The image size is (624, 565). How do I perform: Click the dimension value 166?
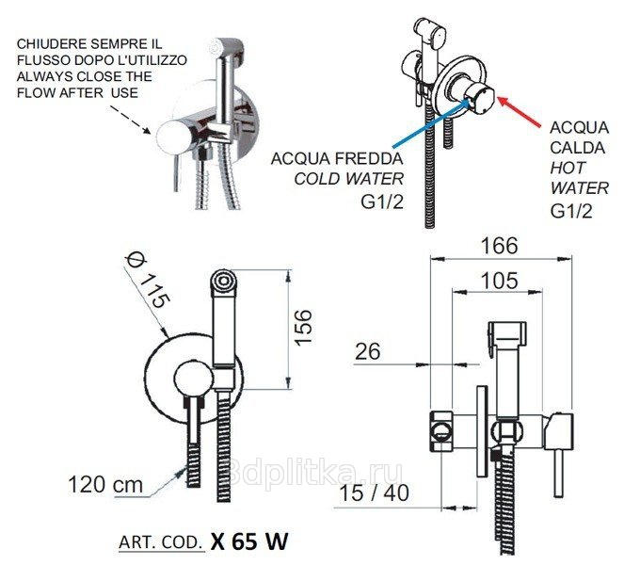(500, 246)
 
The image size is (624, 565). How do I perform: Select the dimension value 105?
(500, 281)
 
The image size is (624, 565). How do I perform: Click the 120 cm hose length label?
(105, 485)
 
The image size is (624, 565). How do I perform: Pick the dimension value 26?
(367, 351)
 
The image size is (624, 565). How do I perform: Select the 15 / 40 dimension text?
(374, 492)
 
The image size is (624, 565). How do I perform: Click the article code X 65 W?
(249, 541)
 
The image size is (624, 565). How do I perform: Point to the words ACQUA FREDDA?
(337, 158)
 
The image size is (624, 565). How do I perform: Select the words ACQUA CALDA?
(580, 137)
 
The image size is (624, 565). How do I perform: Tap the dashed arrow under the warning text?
(130, 119)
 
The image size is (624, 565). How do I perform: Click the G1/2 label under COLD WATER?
(382, 202)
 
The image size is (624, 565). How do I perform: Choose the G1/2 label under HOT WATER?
(571, 211)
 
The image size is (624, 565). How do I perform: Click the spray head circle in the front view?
(223, 282)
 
